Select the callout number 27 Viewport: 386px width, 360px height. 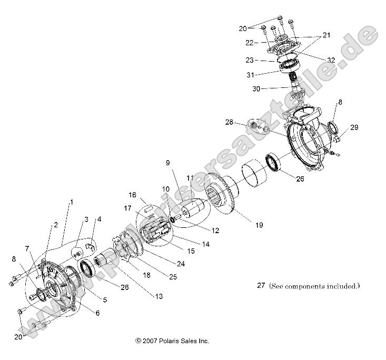pyautogui.click(x=260, y=286)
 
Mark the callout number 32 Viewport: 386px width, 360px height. pyautogui.click(x=330, y=60)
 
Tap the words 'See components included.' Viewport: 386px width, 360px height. pyautogui.click(x=315, y=286)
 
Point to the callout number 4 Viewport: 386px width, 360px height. pyautogui.click(x=99, y=218)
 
